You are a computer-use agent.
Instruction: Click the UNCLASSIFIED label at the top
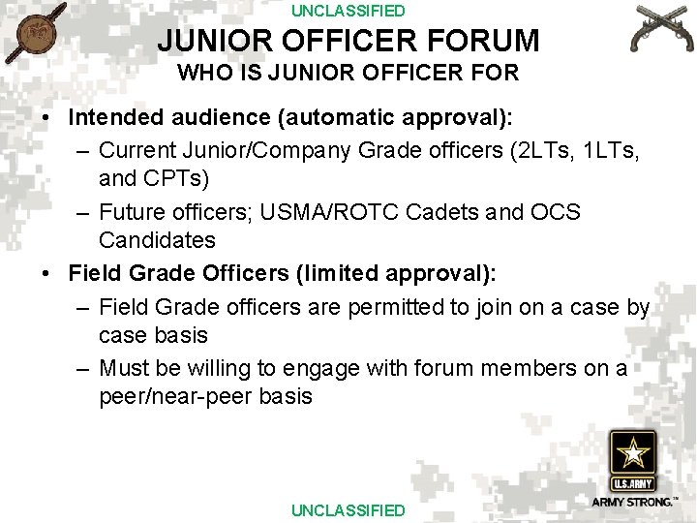point(348,12)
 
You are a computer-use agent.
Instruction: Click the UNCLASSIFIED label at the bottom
point(348,510)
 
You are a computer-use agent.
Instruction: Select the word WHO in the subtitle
point(199,73)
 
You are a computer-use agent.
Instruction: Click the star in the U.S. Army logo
point(632,453)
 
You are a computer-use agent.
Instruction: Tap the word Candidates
point(157,240)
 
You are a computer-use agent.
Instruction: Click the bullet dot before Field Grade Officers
point(46,274)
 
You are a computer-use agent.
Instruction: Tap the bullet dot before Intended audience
point(46,118)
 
